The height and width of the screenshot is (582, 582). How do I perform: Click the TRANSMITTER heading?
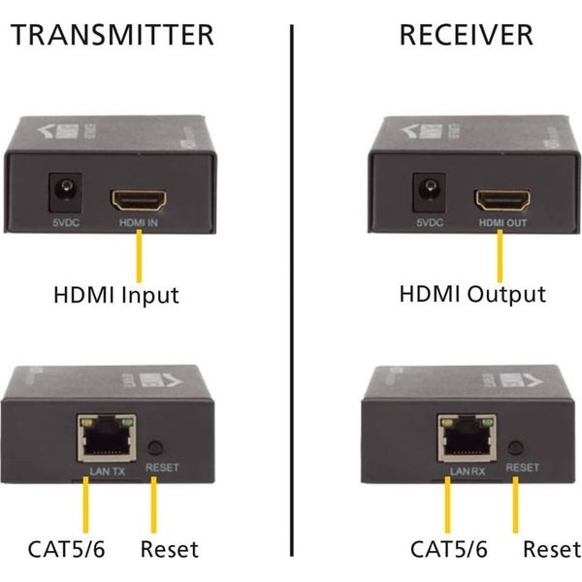[111, 36]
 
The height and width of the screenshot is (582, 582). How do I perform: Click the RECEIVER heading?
[466, 36]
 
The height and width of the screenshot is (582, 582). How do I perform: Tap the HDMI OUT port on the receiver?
[501, 200]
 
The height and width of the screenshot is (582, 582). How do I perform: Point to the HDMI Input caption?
[116, 294]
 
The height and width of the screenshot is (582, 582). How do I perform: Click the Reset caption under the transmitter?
[169, 550]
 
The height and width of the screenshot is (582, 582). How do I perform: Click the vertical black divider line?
[292, 291]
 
